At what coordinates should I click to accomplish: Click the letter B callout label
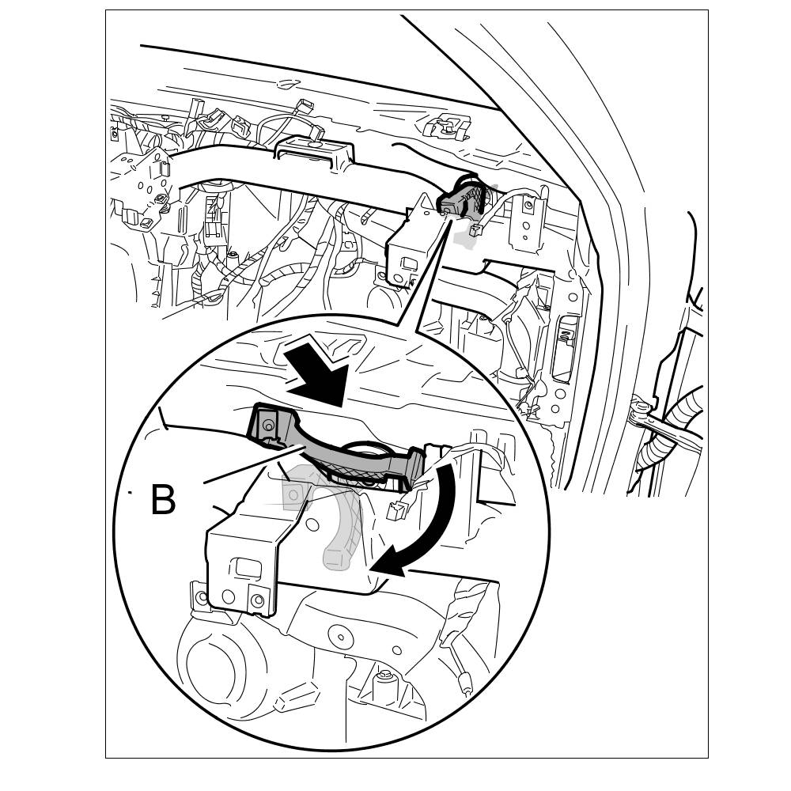click(x=163, y=500)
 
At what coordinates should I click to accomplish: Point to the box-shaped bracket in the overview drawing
click(x=411, y=245)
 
